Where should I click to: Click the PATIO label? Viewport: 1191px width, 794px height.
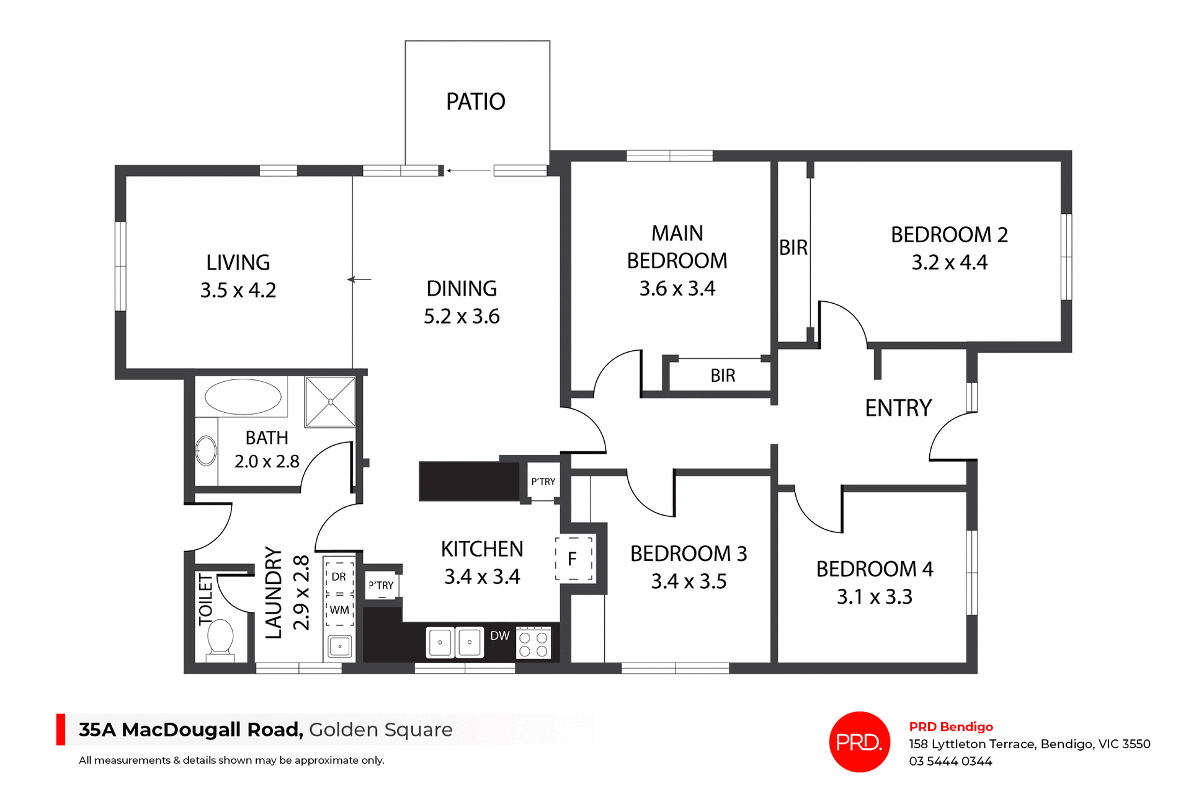click(476, 102)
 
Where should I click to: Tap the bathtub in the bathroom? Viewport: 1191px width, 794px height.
click(243, 397)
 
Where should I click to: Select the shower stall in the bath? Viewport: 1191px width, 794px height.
click(331, 402)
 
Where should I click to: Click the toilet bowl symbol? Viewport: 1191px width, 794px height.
click(220, 638)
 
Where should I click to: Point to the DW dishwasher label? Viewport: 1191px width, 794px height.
click(499, 636)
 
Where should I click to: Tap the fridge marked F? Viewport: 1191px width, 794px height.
click(573, 559)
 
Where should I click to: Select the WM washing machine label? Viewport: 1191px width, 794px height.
click(339, 610)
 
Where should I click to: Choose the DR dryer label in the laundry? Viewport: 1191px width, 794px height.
click(339, 576)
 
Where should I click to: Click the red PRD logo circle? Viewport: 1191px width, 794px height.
click(859, 742)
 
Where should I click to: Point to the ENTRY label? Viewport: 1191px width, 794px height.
click(898, 408)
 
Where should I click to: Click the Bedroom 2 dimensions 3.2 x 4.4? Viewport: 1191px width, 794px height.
click(949, 263)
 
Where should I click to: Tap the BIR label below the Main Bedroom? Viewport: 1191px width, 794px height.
click(723, 376)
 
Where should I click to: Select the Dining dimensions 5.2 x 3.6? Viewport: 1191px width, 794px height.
click(462, 317)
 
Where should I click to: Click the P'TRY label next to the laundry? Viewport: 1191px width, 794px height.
click(381, 585)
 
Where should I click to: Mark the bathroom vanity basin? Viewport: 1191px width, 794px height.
click(206, 451)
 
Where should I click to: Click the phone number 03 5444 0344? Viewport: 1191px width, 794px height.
click(950, 761)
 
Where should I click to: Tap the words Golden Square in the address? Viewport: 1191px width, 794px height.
click(381, 730)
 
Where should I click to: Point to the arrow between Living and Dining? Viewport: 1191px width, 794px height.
click(359, 280)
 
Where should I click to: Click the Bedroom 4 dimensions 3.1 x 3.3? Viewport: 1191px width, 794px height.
click(874, 597)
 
